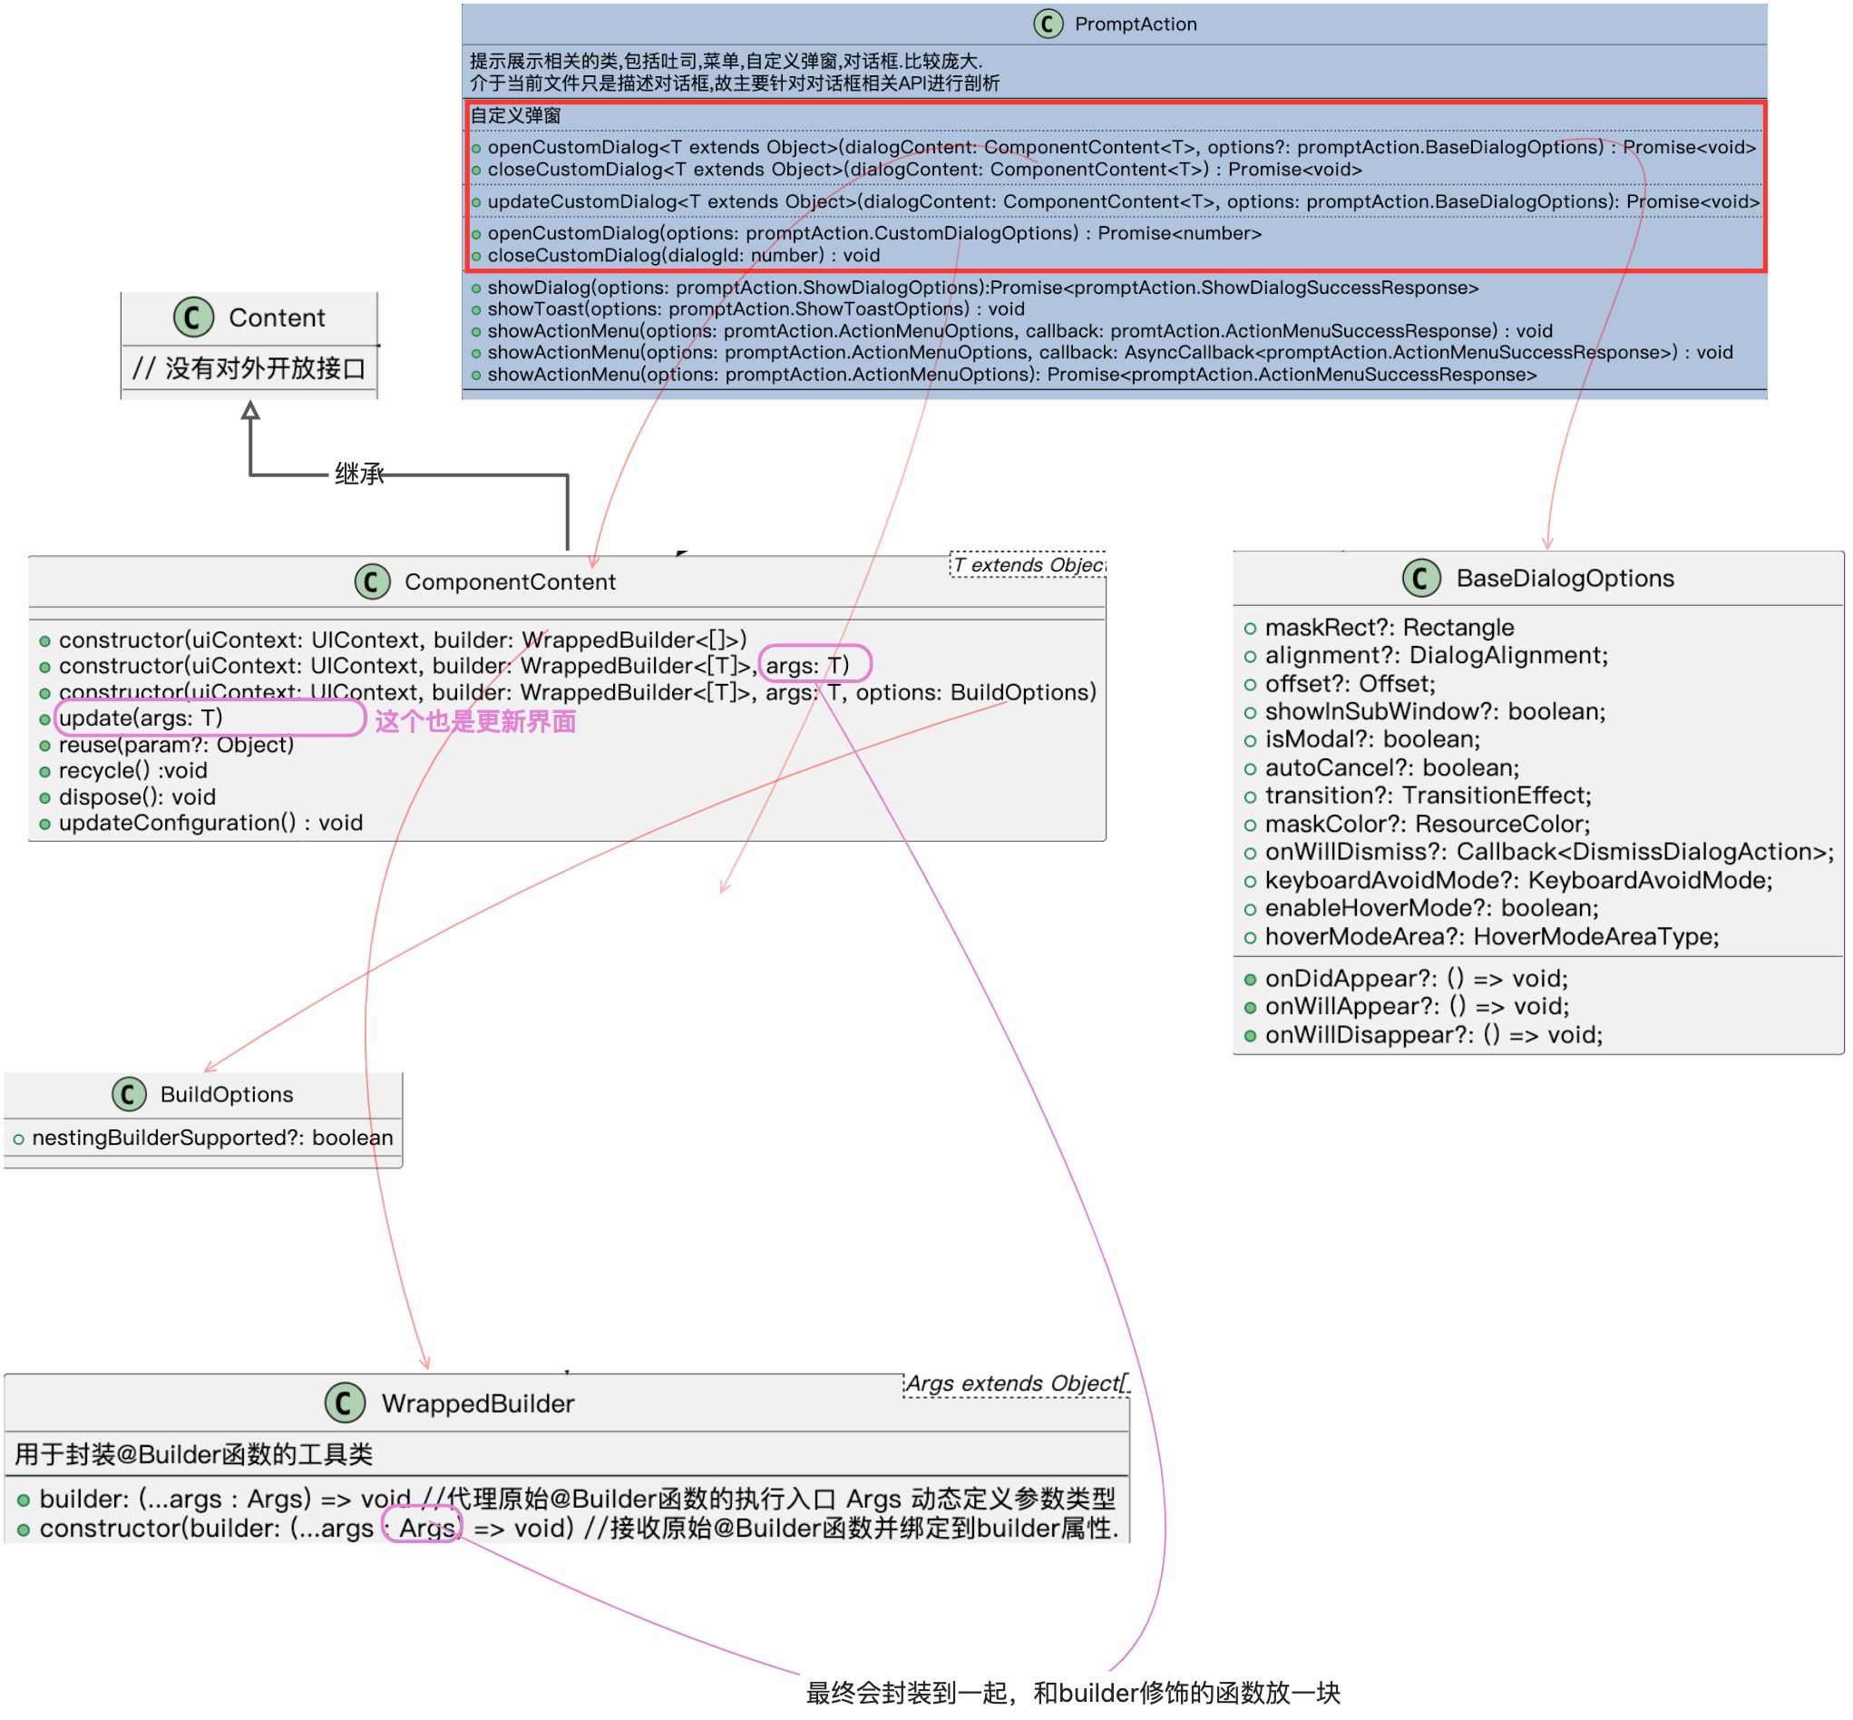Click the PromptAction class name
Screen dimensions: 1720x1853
coord(1135,24)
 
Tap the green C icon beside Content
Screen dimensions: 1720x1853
coord(193,318)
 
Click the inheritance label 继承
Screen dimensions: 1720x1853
coord(359,474)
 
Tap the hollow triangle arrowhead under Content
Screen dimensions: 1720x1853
coord(250,410)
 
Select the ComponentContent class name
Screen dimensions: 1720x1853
coord(509,581)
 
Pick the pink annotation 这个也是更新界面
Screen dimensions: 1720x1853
coord(474,721)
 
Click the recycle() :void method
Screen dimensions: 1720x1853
coord(133,771)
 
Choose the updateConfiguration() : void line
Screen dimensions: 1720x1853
coord(210,823)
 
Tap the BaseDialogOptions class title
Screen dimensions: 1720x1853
coord(1564,578)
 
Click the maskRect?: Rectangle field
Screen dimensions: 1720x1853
coord(1388,628)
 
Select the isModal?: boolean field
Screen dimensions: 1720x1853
coord(1370,739)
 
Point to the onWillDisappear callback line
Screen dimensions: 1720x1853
coord(1432,1035)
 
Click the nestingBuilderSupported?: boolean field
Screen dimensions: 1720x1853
coord(212,1138)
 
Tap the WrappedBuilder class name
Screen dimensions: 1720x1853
coord(477,1403)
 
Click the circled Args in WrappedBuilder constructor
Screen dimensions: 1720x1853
coord(424,1529)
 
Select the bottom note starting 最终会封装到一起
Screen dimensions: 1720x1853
coord(1072,1693)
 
